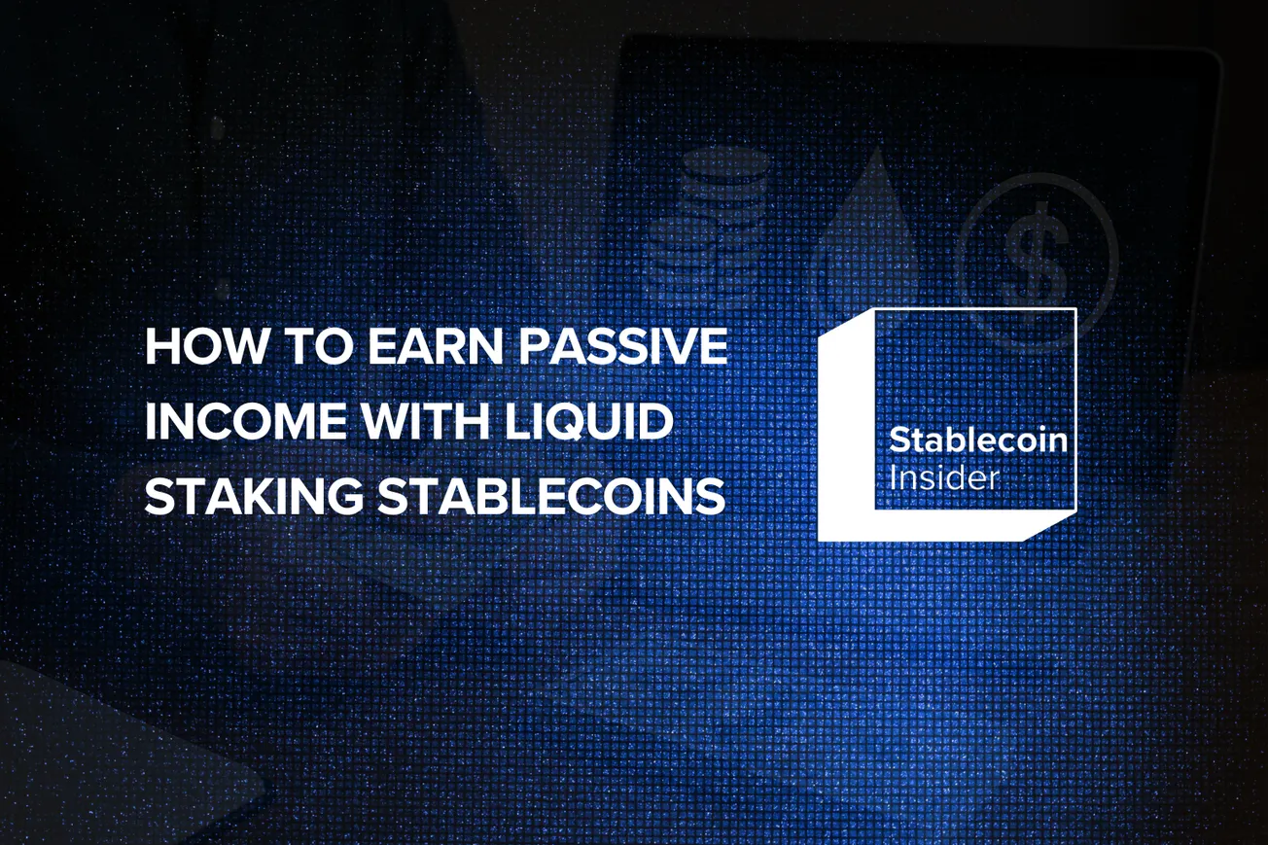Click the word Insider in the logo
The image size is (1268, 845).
point(944,477)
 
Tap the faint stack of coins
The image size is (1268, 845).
point(708,224)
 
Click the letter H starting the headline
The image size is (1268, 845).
point(158,347)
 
